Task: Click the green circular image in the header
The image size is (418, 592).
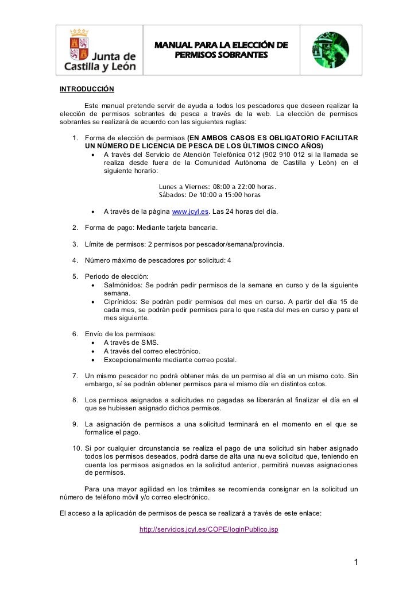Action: tap(331, 51)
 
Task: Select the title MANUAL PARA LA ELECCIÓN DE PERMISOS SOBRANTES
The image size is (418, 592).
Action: tap(222, 51)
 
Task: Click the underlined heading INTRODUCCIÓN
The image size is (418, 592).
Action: tap(87, 89)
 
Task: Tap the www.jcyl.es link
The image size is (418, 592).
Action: tap(191, 212)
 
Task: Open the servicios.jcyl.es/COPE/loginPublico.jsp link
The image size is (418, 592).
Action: tap(209, 529)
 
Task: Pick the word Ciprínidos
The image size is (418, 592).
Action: tap(119, 302)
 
